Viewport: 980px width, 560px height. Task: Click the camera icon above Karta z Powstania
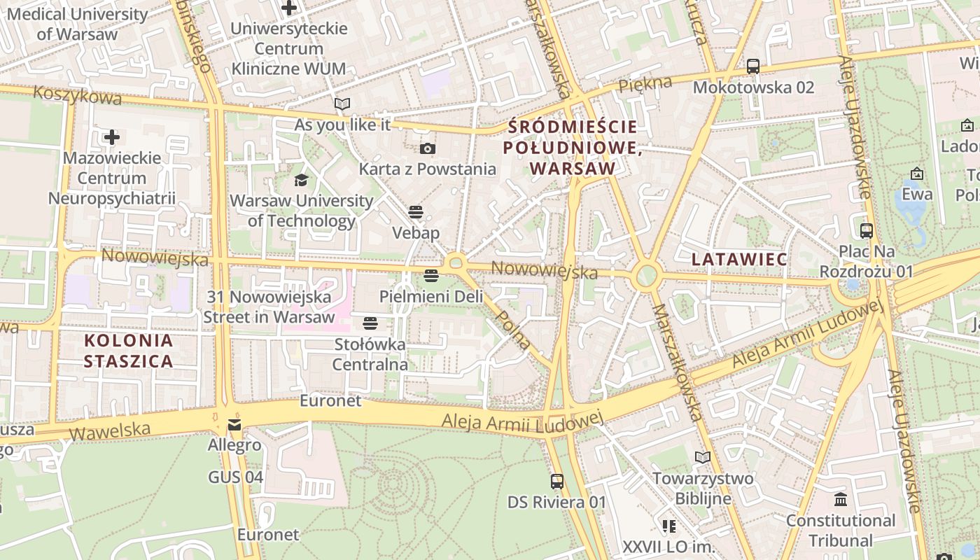click(x=427, y=148)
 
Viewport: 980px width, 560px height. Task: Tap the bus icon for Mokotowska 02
click(x=753, y=66)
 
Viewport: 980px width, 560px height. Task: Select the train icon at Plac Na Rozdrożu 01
click(x=866, y=230)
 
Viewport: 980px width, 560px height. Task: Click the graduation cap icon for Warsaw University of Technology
click(x=301, y=180)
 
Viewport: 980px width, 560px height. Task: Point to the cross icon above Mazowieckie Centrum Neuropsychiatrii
click(x=111, y=136)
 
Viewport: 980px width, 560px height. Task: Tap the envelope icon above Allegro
click(x=234, y=425)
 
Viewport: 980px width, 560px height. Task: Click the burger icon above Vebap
click(x=416, y=211)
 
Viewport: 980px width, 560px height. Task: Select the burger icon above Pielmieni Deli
click(x=431, y=276)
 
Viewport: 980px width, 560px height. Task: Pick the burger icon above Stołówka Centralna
click(x=370, y=323)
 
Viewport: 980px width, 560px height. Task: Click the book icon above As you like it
click(x=342, y=104)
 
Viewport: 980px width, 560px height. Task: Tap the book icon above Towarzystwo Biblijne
click(x=703, y=457)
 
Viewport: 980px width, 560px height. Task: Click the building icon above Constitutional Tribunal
click(x=840, y=500)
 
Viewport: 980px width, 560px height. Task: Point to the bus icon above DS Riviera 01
click(x=557, y=482)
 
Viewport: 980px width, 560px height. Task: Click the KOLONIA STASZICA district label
click(x=129, y=351)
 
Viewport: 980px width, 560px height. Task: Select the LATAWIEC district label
click(x=739, y=259)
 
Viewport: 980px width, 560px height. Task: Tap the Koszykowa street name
click(x=77, y=94)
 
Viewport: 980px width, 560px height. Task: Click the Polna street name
click(x=512, y=329)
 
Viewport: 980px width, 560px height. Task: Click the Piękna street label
click(x=645, y=84)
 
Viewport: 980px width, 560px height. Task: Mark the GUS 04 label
click(x=236, y=477)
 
